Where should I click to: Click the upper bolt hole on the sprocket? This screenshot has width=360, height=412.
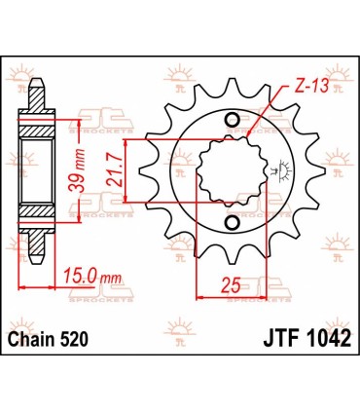coord(233,120)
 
